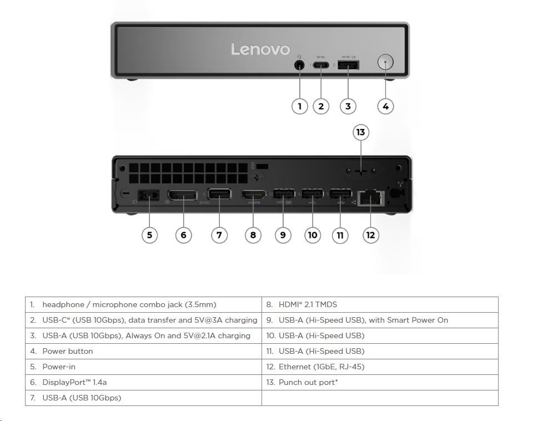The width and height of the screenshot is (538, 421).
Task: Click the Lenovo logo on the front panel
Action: point(260,49)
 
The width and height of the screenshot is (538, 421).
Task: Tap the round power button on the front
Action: point(385,62)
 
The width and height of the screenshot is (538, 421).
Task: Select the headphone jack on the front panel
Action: point(300,64)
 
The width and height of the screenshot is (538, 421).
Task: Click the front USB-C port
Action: point(321,65)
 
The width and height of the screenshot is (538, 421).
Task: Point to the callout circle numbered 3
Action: point(348,106)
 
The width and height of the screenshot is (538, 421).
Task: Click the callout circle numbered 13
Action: point(361,132)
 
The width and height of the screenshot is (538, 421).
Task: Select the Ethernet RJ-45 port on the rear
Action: point(370,198)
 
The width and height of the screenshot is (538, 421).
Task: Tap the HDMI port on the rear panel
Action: point(253,196)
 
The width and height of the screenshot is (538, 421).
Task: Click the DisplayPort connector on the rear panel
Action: point(183,196)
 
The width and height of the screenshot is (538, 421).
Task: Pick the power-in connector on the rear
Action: point(149,196)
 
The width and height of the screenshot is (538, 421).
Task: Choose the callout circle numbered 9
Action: point(283,235)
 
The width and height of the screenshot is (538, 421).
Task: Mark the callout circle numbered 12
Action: point(370,235)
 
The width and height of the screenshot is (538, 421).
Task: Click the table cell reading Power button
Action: point(68,351)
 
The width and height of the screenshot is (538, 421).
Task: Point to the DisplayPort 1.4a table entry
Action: point(74,382)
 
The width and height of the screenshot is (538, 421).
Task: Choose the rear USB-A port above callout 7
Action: point(219,195)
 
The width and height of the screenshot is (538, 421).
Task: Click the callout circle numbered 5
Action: point(149,235)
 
